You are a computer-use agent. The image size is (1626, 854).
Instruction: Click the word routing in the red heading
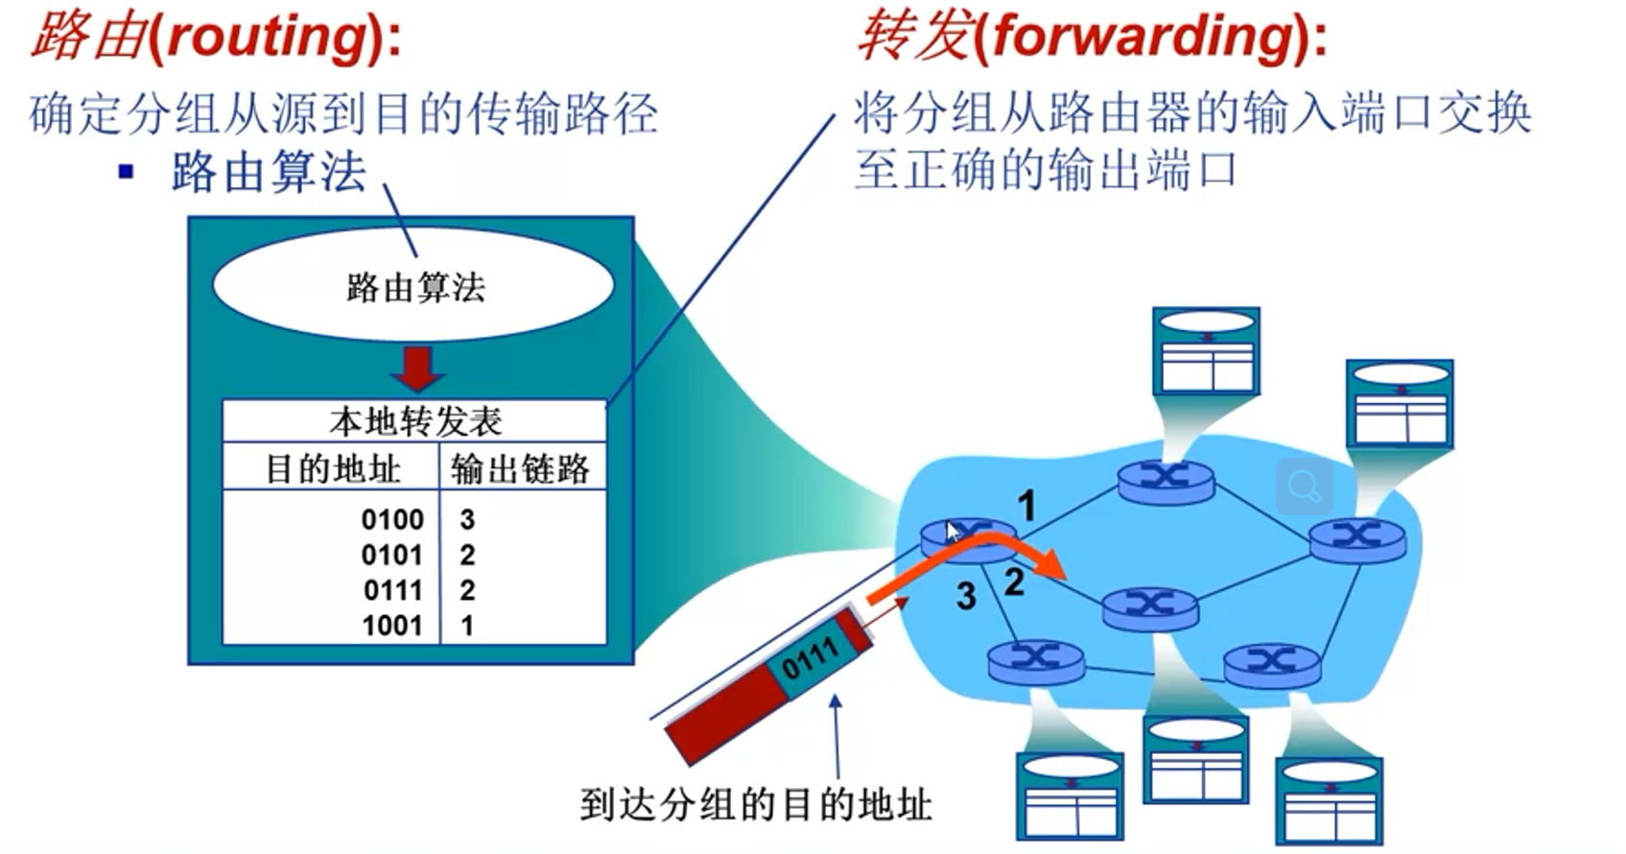268,37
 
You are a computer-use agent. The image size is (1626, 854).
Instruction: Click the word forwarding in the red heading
1143,37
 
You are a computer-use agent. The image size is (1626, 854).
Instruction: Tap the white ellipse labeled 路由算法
413,285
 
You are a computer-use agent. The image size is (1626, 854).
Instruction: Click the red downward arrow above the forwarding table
416,368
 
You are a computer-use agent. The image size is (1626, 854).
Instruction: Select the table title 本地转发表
415,421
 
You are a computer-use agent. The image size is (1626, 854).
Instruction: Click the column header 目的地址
333,468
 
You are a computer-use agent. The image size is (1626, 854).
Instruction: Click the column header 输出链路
520,468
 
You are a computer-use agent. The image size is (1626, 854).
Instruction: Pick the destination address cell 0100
392,520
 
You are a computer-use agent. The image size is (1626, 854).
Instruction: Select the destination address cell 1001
392,626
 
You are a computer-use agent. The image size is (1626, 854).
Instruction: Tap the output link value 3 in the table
467,520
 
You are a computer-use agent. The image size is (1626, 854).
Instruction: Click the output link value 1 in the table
467,626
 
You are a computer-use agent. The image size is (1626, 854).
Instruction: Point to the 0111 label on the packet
810,658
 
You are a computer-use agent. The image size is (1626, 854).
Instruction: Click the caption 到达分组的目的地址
756,805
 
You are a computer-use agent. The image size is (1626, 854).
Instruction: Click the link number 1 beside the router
1026,506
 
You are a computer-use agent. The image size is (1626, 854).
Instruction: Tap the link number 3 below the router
965,596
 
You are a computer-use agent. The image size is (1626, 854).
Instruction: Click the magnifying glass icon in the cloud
1305,486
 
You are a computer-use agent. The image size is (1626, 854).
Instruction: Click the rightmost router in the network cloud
1356,541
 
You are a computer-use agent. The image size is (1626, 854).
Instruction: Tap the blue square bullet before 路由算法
127,172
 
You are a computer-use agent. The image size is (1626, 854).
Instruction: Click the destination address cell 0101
392,556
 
